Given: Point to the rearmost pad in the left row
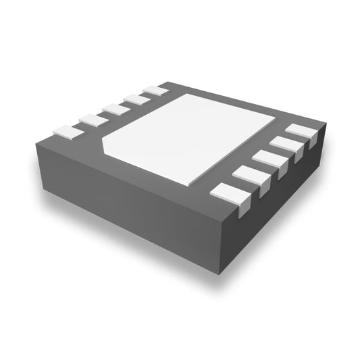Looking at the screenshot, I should (x=157, y=90).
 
